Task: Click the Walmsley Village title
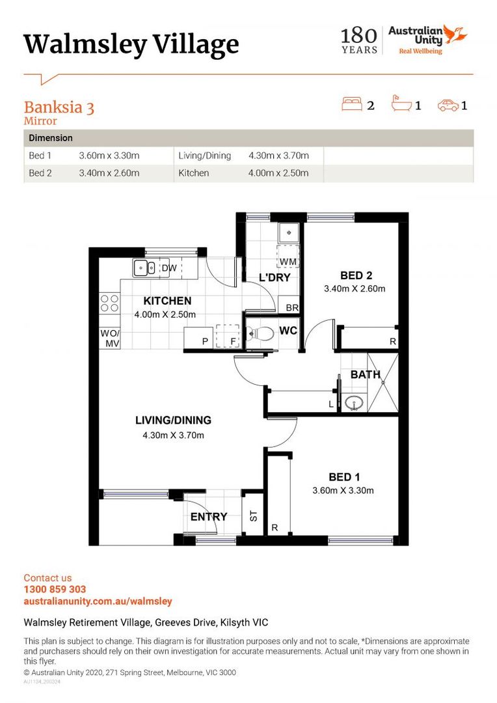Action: pos(131,44)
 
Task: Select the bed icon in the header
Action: pos(352,104)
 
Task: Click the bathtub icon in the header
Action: pos(400,104)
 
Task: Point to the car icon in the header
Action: pos(448,105)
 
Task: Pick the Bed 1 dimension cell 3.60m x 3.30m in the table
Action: pos(109,156)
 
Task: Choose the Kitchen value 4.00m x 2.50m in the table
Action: pos(278,173)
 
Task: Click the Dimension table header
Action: pos(51,139)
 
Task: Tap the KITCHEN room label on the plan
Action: pos(167,301)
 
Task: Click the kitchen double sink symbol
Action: pos(143,267)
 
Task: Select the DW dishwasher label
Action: pos(168,268)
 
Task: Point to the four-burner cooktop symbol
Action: pos(109,304)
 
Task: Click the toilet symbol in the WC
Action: pos(262,332)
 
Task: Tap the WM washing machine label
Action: pos(288,262)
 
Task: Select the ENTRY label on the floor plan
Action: pos(209,517)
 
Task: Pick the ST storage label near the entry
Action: pos(254,516)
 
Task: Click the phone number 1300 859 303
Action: pos(55,590)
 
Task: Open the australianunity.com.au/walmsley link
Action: pos(98,601)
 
